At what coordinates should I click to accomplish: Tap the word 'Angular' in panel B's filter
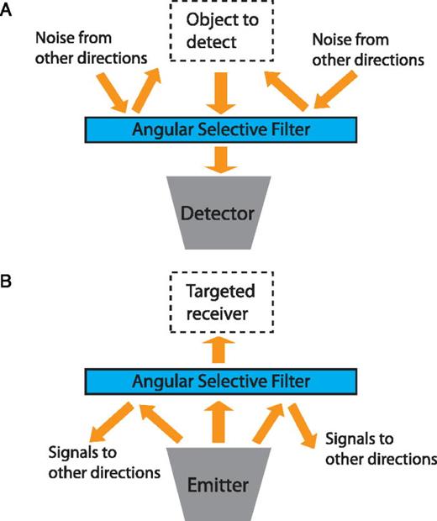coord(165,382)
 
